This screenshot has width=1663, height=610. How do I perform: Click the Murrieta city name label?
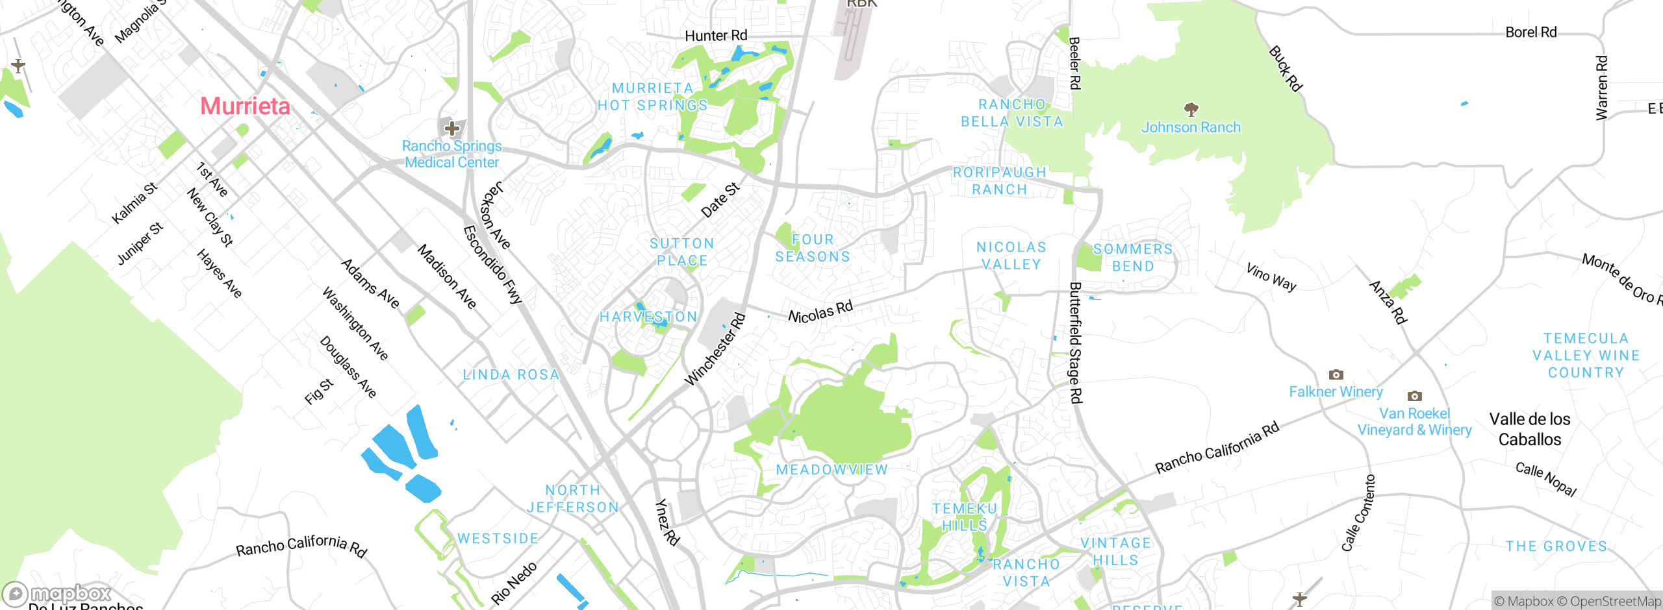click(245, 106)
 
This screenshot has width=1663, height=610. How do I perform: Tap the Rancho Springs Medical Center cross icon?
click(452, 128)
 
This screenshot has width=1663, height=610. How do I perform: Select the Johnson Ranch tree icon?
click(1191, 109)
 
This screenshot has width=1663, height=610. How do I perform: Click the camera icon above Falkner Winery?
click(1336, 375)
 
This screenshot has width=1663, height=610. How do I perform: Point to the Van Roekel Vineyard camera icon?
click(1414, 396)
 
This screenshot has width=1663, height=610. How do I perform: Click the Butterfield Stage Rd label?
click(1076, 343)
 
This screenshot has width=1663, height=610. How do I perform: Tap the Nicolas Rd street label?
click(820, 312)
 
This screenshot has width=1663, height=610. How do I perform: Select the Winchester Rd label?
click(715, 349)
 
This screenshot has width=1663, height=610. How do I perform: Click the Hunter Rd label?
click(716, 36)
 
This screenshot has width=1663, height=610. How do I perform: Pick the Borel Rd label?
click(1530, 32)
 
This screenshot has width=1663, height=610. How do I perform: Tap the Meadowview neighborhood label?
click(831, 470)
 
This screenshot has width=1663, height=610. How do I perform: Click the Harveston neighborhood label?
click(648, 317)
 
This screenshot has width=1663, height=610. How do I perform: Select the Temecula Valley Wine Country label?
click(1586, 356)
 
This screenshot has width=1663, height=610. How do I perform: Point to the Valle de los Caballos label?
click(1530, 430)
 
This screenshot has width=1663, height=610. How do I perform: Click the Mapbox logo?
click(57, 593)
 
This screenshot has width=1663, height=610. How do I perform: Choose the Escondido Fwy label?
click(492, 265)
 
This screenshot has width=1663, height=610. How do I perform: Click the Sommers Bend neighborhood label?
click(1133, 258)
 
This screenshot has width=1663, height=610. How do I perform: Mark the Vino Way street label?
click(1271, 277)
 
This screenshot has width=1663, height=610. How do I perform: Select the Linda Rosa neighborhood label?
click(511, 375)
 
